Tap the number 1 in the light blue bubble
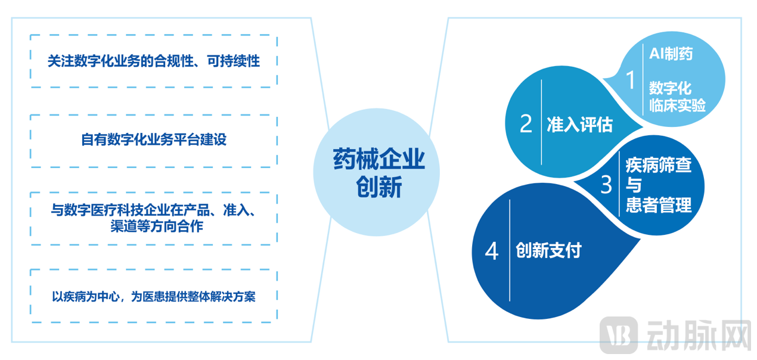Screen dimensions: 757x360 631,79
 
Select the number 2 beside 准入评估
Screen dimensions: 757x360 525,124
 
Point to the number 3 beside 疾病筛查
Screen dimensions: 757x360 606,185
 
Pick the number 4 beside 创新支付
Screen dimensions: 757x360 491,251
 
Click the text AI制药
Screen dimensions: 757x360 671,54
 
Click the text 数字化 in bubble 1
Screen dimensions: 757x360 670,89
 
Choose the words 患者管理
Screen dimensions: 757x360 658,205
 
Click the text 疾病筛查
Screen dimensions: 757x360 658,165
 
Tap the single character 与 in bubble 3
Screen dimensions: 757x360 633,185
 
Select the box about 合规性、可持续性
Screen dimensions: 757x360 154,61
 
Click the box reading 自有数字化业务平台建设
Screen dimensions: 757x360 154,141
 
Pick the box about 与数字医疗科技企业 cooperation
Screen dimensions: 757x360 154,218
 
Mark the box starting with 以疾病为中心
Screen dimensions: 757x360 154,296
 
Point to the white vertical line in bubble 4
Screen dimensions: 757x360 510,250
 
